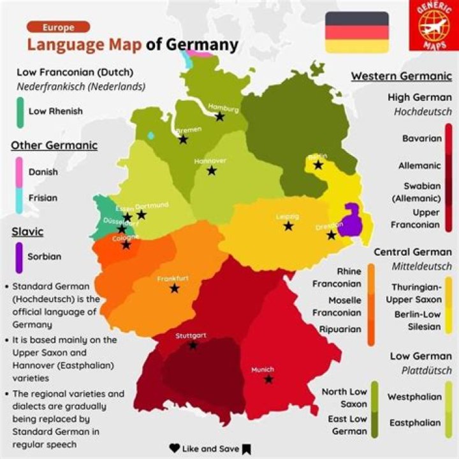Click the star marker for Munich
[x=269, y=379]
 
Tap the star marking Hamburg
[x=220, y=117]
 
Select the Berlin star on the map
[x=318, y=165]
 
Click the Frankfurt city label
[x=173, y=279]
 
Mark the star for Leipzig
[x=288, y=226]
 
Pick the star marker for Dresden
[x=331, y=235]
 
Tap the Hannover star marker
[x=212, y=171]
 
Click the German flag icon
[x=357, y=32]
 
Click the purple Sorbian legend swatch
[x=19, y=257]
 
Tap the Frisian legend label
[x=43, y=198]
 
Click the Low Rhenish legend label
[x=55, y=111]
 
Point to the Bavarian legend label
[x=421, y=138]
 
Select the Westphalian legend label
[x=414, y=397]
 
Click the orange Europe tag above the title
[x=58, y=27]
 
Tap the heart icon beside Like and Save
[x=174, y=448]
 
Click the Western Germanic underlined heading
[x=401, y=76]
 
